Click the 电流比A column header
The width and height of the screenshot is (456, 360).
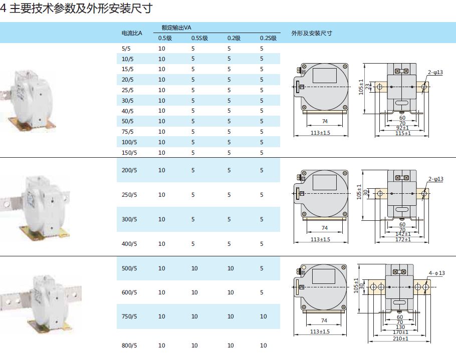click(x=132, y=34)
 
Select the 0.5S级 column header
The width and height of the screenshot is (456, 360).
click(x=199, y=38)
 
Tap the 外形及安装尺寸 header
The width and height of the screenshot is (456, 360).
click(x=311, y=34)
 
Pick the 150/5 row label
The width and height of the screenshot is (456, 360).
click(x=129, y=153)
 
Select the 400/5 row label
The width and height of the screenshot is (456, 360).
click(x=129, y=244)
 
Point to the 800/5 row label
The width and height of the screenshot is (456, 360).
click(x=129, y=345)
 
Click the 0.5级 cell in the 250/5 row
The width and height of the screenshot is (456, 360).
click(x=161, y=195)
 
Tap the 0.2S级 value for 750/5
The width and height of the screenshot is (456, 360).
click(x=264, y=316)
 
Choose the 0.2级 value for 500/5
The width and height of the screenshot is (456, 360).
click(x=231, y=268)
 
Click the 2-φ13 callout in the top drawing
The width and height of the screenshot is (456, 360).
click(x=435, y=73)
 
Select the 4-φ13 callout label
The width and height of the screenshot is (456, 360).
click(x=436, y=273)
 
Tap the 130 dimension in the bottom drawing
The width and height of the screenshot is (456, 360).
click(x=400, y=327)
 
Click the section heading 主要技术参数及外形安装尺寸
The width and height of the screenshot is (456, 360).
click(x=80, y=9)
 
